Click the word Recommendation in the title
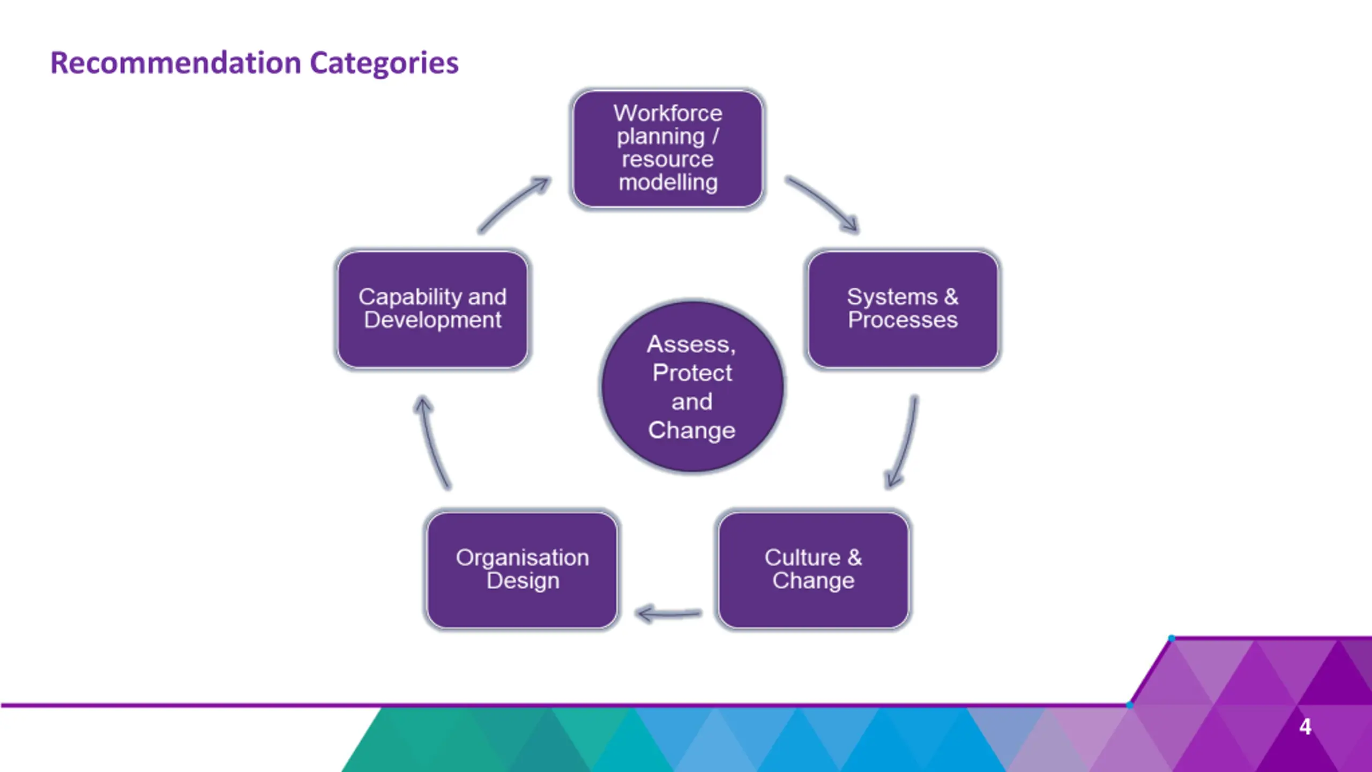coord(176,63)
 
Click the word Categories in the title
coord(384,63)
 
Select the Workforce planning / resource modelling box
coord(667,149)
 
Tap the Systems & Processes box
coord(903,309)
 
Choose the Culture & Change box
coord(813,569)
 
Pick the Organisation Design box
coord(522,569)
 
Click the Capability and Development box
coord(432,309)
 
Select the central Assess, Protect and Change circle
coord(692,387)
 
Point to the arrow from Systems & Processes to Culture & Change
coord(904,443)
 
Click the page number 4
coord(1305,727)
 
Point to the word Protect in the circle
coord(692,373)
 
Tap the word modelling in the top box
coord(668,183)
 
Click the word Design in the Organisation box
coord(523,581)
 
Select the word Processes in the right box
coord(903,320)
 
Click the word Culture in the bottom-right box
coord(802,558)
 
